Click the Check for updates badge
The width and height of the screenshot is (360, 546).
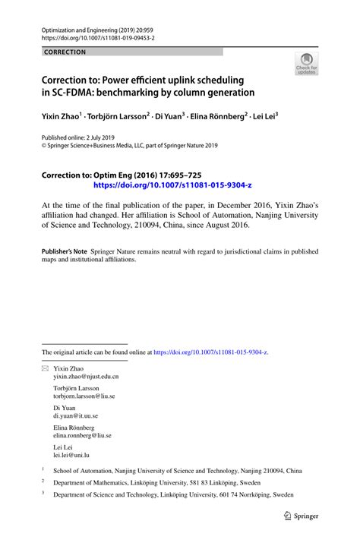307,64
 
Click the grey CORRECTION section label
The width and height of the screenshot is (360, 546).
65,52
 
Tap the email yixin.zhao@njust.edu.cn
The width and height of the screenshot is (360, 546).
86,376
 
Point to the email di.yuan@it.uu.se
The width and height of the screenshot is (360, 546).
75,416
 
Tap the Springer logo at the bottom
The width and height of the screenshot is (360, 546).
301,515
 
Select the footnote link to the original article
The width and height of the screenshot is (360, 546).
210,352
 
